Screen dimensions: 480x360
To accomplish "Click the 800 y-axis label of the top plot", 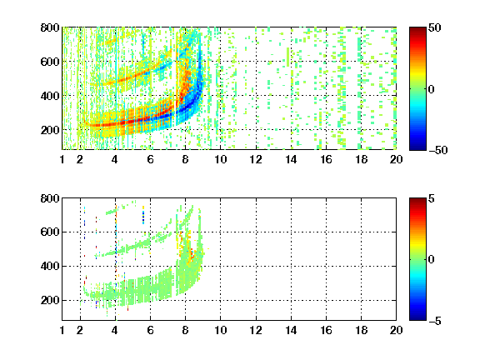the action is [50, 27].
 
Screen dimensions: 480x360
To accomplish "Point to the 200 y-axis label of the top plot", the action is [50, 130].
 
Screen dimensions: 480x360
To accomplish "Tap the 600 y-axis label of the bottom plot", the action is [50, 232].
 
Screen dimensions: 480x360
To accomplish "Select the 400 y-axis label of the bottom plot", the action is [50, 266].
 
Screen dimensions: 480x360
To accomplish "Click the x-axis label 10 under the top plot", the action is [220, 159].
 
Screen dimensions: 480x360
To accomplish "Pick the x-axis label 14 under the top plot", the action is [291, 159].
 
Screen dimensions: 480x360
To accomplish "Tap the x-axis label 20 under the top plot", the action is [396, 159].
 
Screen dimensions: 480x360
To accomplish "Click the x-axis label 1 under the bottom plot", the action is [62, 330].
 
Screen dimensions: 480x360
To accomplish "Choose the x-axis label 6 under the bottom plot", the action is [150, 330].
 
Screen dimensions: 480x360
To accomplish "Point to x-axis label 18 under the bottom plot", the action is [361, 330].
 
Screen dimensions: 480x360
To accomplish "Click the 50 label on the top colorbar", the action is [435, 27].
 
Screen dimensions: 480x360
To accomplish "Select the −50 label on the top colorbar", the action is [438, 150].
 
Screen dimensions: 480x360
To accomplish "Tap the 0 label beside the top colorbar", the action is [432, 89].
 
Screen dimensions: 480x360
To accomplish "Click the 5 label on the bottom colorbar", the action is [432, 198].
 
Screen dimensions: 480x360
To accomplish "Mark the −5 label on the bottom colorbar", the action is [435, 321].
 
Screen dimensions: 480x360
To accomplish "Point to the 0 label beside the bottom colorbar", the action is [432, 260].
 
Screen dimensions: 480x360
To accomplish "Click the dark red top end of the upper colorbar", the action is [417, 30].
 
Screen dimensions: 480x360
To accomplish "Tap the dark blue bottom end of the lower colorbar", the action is [417, 317].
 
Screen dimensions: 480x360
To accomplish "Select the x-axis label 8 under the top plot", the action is [185, 159].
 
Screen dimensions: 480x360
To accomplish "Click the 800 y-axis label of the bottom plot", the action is [50, 198].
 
